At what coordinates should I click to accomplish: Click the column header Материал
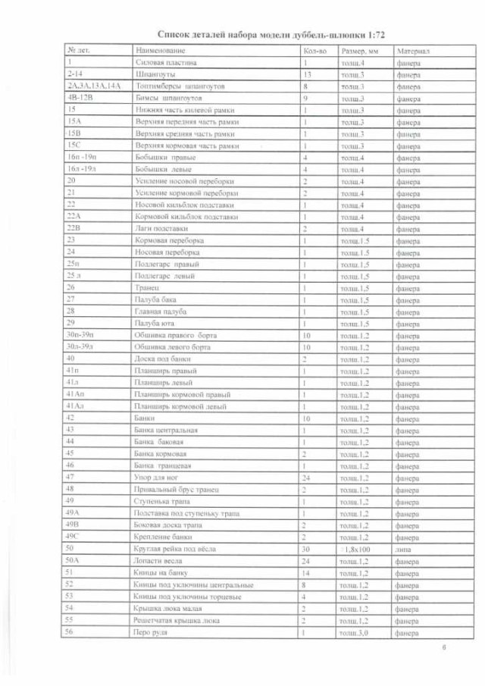pos(413,50)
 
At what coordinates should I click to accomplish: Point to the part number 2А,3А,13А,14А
pos(94,86)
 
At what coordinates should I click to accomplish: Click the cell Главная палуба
pos(160,311)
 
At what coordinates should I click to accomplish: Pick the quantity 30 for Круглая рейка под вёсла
pos(306,547)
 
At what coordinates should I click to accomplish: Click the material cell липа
pos(402,547)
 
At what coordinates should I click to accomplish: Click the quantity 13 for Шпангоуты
pos(307,74)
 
